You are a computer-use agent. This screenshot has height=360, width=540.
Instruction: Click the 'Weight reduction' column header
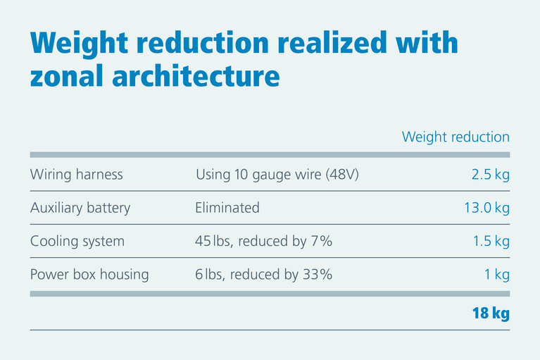(455, 137)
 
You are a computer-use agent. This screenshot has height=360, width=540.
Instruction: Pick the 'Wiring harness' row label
(76, 175)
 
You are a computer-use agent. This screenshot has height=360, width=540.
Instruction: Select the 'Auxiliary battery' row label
(80, 208)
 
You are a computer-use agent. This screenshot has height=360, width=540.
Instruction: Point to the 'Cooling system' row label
(77, 241)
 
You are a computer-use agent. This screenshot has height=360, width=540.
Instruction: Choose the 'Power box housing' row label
(89, 275)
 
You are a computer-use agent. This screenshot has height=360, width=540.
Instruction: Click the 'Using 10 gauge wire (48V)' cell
(277, 175)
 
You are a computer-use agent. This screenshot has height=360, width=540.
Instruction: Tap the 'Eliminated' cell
(227, 208)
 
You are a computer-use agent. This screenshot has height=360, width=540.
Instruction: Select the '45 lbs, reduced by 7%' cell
(263, 241)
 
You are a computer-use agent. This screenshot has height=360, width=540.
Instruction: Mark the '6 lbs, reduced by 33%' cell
(263, 275)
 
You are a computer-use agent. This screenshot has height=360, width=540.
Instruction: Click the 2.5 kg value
(490, 175)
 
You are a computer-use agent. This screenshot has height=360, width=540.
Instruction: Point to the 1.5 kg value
(491, 241)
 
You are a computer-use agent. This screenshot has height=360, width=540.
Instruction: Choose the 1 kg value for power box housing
(496, 275)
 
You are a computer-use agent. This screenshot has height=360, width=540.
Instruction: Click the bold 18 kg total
(490, 313)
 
